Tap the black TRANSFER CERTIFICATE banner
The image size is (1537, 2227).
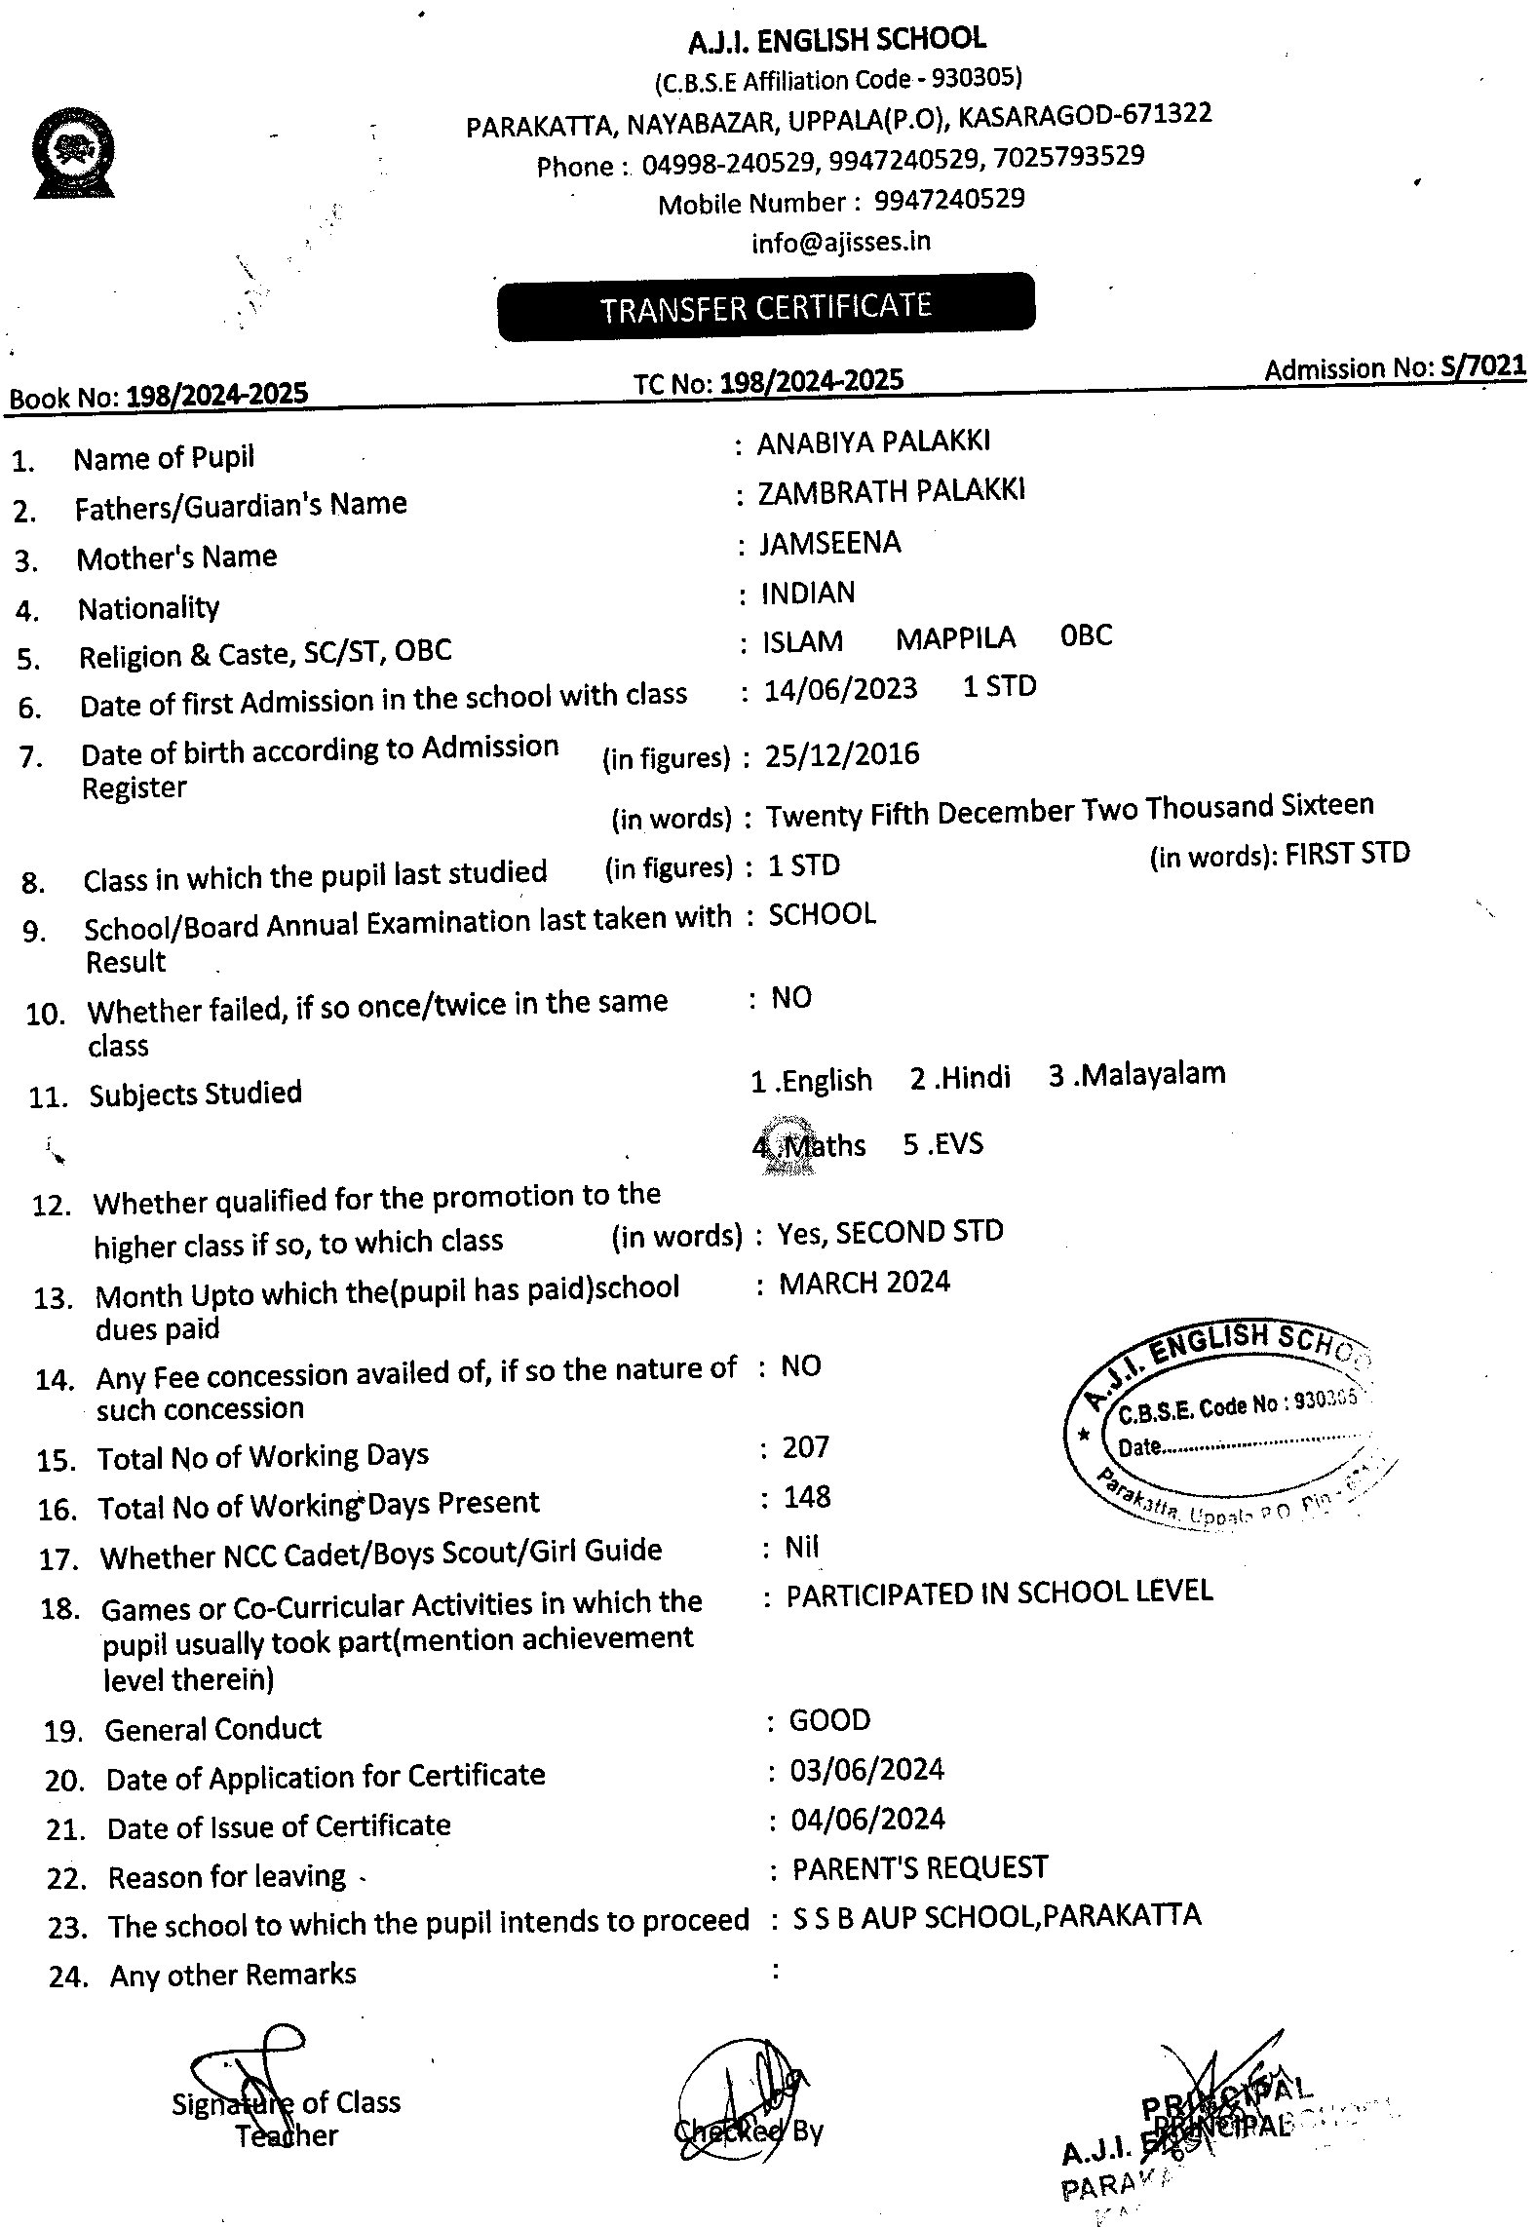point(766,307)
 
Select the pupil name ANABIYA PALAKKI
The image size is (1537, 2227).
point(873,442)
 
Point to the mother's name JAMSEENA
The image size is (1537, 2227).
point(830,542)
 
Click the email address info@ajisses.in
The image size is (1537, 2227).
point(840,241)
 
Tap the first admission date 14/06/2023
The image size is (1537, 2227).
point(840,689)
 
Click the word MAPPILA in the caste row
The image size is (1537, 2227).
point(955,638)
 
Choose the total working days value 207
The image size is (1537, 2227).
point(805,1446)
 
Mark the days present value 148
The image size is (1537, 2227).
point(807,1496)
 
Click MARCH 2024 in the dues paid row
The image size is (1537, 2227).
point(865,1283)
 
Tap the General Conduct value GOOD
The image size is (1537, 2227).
point(829,1720)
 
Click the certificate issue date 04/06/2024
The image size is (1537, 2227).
point(867,1819)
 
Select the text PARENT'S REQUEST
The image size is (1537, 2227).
point(920,1868)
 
